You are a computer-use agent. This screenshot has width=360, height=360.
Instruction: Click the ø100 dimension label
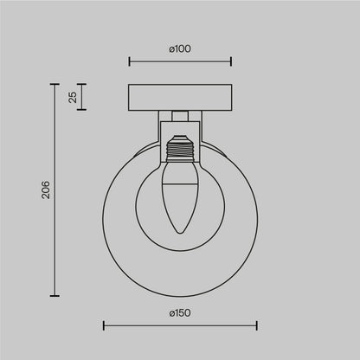180,48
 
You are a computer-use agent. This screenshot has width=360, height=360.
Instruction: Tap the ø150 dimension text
180,312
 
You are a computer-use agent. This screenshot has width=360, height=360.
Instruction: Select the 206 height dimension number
48,190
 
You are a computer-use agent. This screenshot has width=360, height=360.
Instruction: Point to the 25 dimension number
74,97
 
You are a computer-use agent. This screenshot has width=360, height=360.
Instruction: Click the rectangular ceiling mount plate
180,97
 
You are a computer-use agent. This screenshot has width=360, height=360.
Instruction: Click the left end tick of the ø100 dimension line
129,61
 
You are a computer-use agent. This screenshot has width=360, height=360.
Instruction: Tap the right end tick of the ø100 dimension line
231,61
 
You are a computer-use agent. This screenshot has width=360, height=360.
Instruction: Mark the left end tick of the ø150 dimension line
104,325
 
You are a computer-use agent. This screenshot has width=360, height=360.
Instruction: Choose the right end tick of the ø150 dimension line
257,325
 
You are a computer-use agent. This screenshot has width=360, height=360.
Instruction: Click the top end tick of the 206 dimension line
57,85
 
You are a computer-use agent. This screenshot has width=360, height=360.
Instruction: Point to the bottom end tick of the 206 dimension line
57,294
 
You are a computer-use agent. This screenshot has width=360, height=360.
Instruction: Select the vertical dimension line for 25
83,97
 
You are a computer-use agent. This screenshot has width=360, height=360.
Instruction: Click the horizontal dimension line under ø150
180,325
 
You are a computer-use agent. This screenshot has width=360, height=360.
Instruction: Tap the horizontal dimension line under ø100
180,61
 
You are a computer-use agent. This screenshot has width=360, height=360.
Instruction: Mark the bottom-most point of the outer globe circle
180,294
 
